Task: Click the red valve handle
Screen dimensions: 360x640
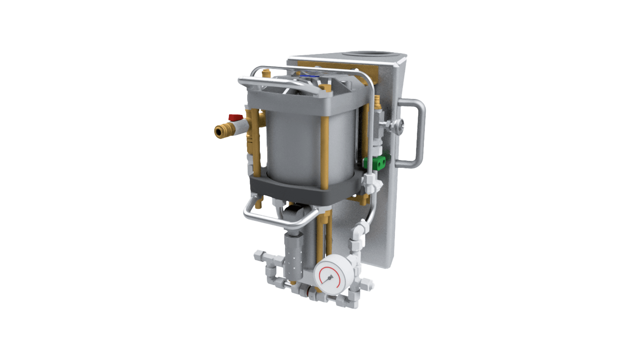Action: (x=236, y=117)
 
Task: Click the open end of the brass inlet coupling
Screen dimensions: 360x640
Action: (x=219, y=132)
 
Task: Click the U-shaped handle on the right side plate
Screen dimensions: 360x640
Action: (x=417, y=133)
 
